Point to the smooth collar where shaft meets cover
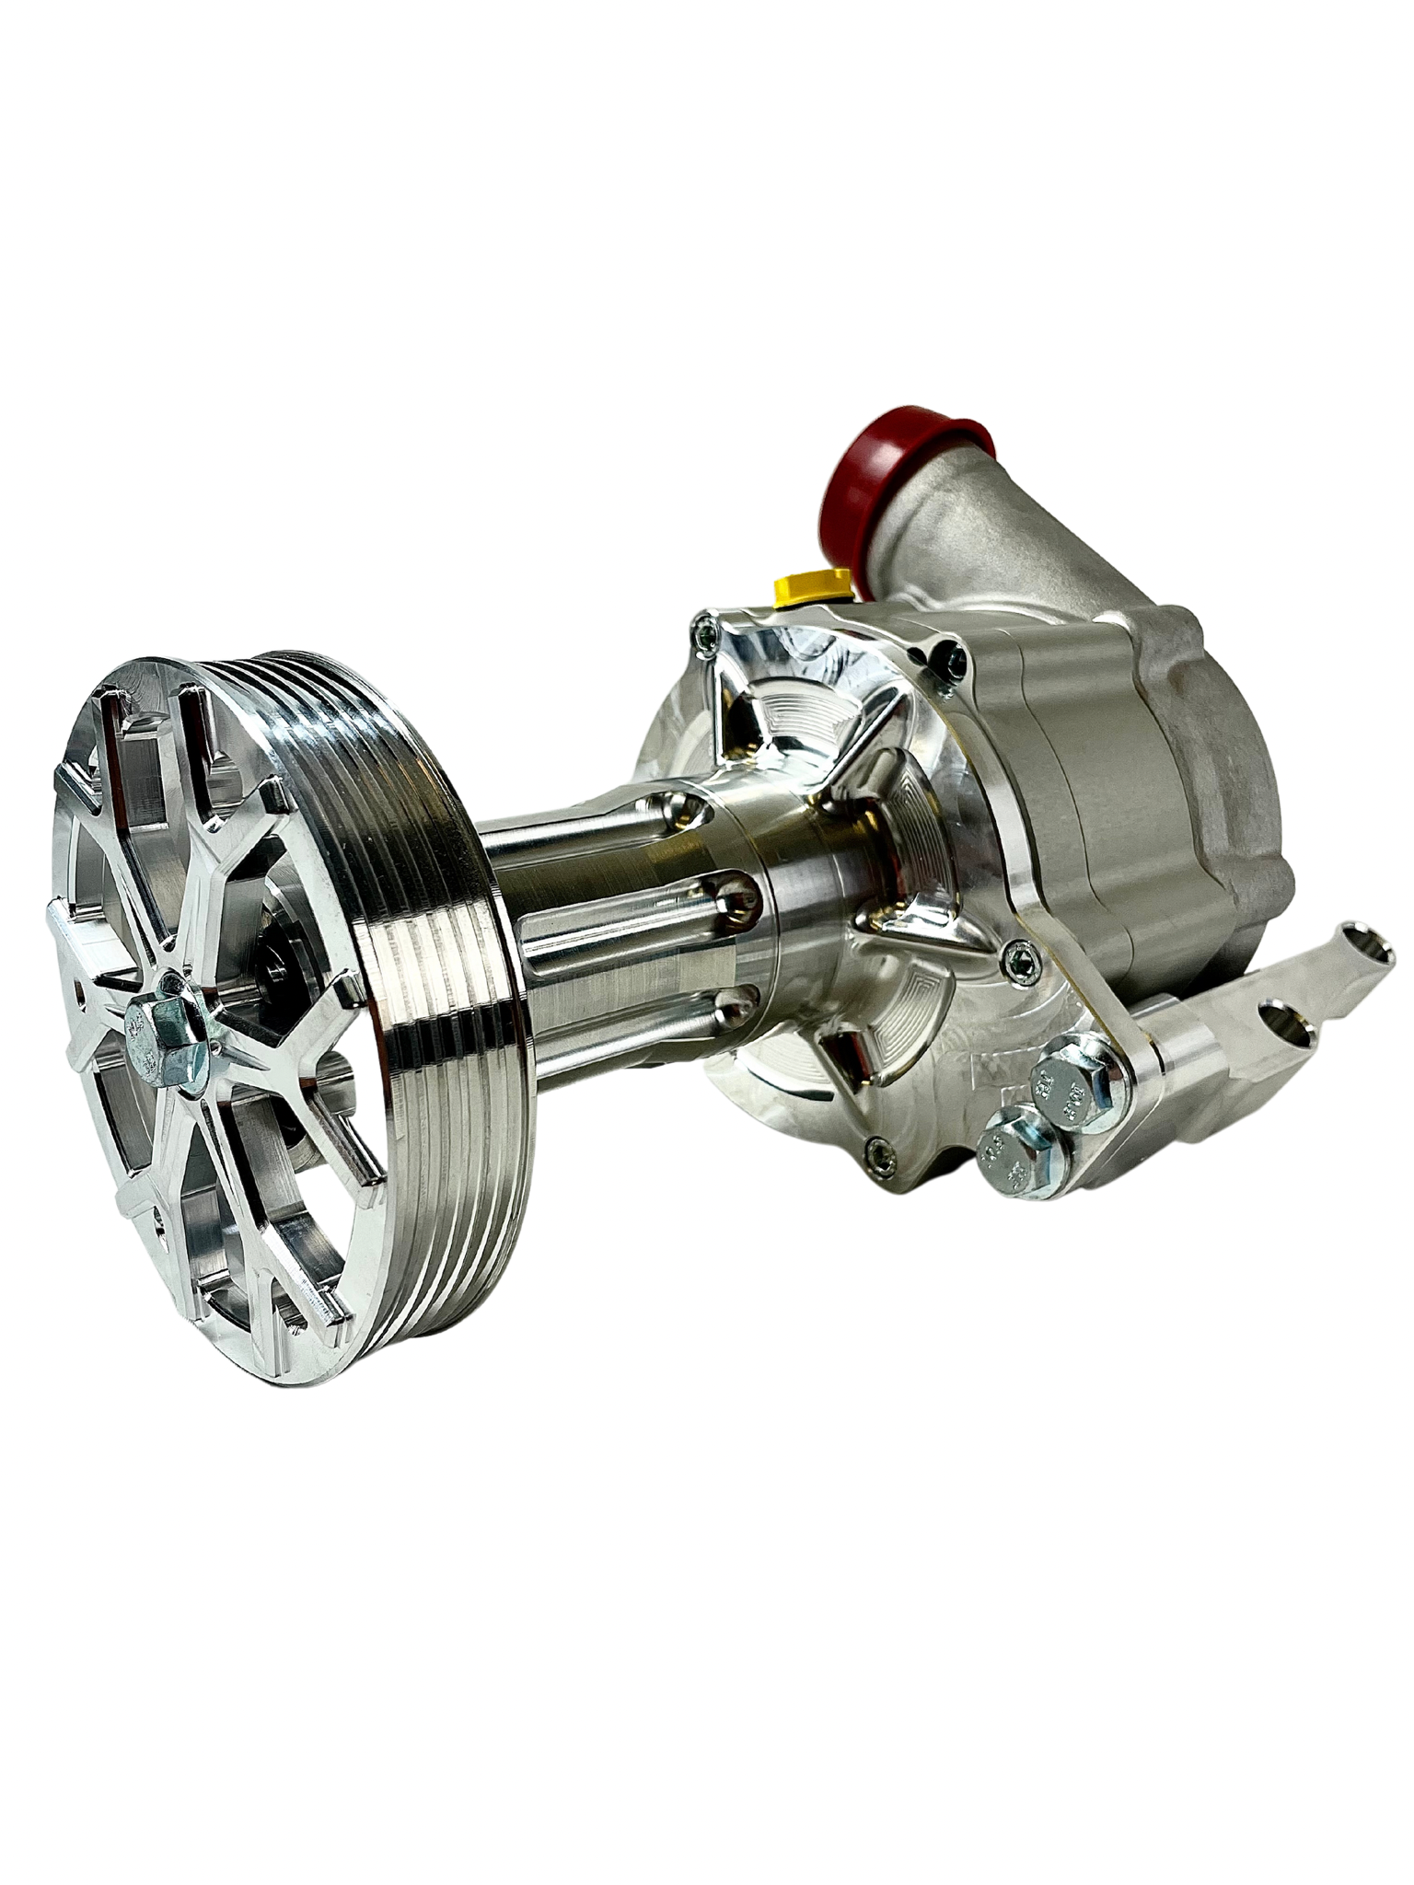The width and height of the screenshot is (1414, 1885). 810,874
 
